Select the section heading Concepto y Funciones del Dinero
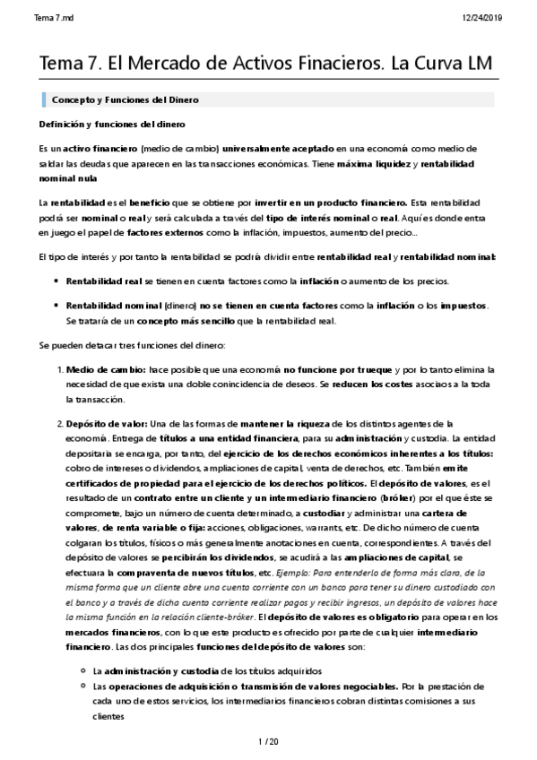[126, 99]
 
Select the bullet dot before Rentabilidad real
[57, 282]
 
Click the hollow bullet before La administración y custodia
[83, 670]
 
